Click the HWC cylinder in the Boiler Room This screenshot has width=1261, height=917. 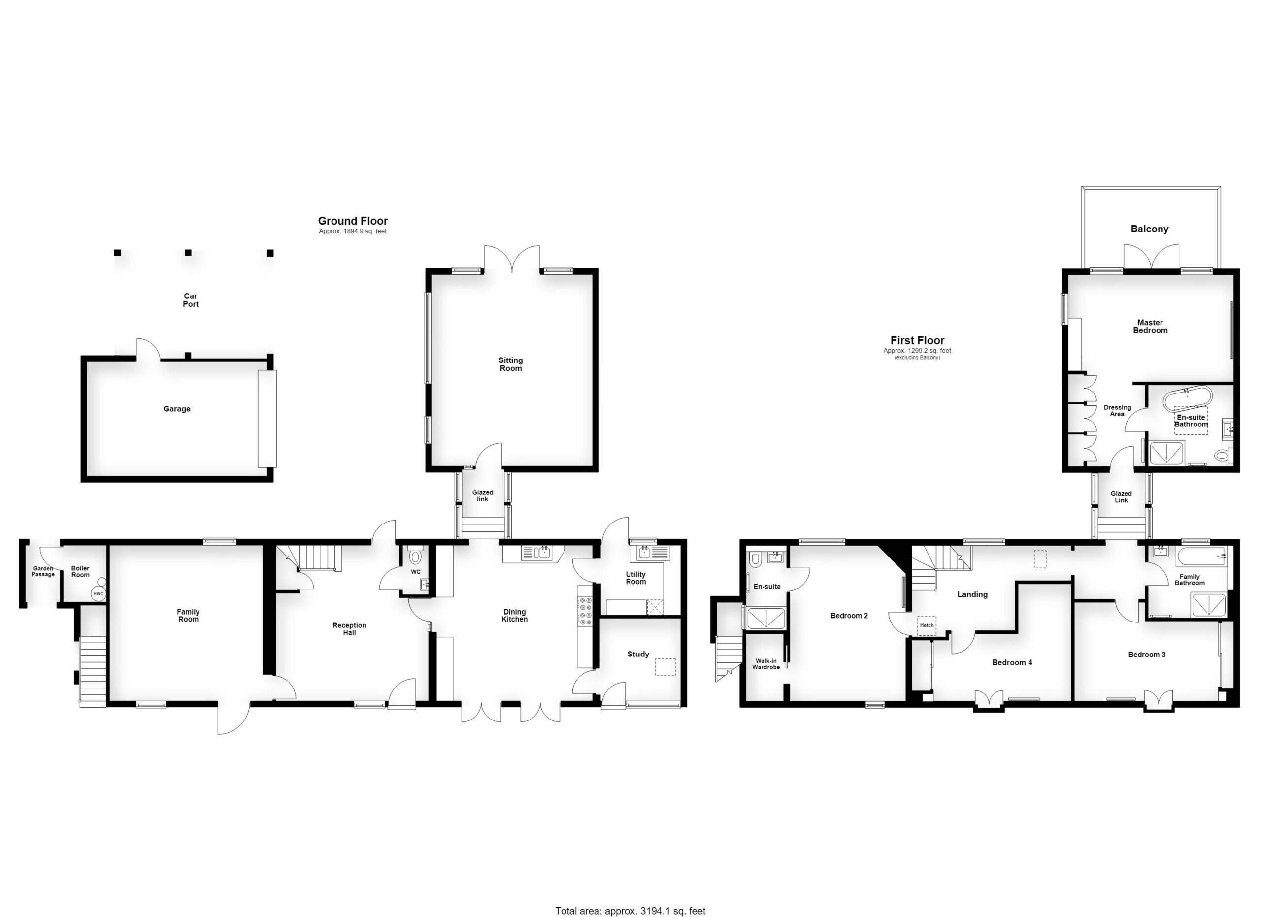click(99, 593)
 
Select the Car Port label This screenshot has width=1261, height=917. click(191, 300)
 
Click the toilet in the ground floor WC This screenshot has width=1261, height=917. click(415, 557)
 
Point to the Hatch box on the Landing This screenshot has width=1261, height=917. click(926, 625)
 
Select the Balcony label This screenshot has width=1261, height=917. click(1149, 229)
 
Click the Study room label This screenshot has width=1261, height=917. click(638, 654)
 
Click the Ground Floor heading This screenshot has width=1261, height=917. click(353, 221)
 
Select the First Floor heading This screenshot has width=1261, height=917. click(917, 340)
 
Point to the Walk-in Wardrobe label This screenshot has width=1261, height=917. click(765, 663)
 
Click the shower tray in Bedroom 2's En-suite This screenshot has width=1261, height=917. click(765, 619)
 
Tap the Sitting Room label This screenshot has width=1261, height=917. click(510, 364)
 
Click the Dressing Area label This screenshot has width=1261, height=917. click(1117, 411)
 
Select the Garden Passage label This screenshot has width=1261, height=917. click(43, 571)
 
